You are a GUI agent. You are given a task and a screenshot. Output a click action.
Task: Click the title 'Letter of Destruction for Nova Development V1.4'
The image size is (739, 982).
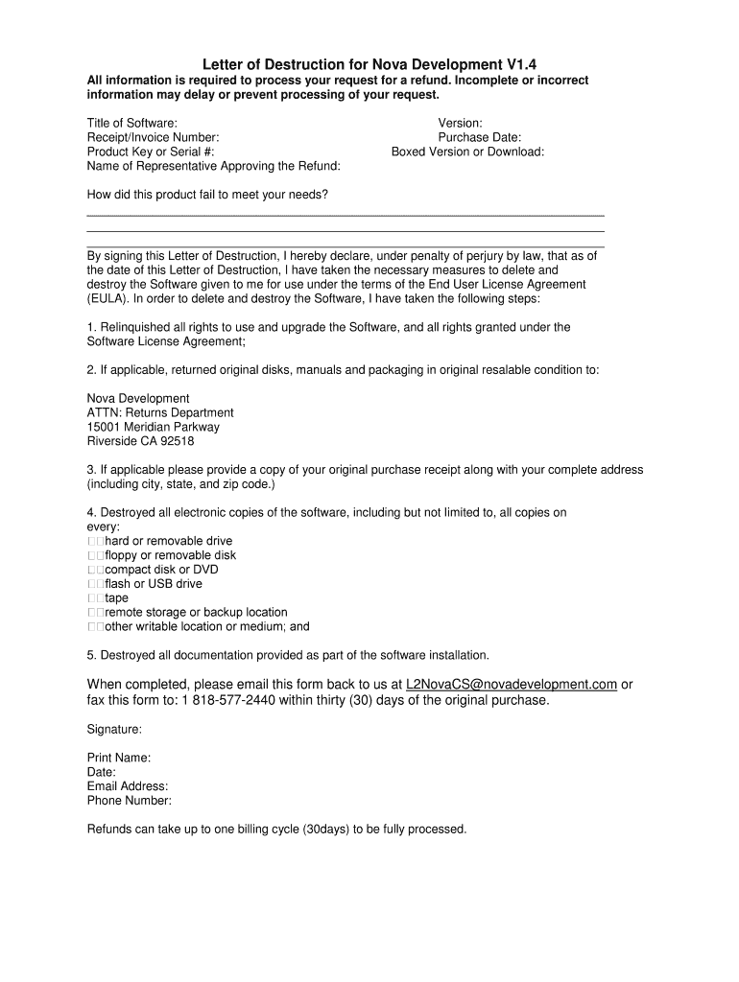point(369,63)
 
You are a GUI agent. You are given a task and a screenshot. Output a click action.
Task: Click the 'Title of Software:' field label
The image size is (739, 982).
point(132,123)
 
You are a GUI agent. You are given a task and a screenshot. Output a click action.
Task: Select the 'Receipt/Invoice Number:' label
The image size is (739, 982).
point(153,137)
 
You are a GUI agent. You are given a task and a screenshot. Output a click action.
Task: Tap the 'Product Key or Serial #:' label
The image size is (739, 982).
point(151,152)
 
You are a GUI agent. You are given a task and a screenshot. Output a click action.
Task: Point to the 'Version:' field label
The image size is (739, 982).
point(460,123)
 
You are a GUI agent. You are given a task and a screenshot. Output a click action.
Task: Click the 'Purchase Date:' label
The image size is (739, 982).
point(479,137)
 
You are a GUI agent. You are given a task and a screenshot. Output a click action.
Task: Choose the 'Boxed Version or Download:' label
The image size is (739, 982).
point(467,152)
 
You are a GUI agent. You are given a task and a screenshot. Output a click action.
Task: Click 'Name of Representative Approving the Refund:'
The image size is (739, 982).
point(213,166)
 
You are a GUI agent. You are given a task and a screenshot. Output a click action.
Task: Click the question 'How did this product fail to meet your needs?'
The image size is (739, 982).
point(207,195)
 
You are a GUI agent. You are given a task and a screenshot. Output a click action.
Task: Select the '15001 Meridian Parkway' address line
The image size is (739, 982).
point(153,427)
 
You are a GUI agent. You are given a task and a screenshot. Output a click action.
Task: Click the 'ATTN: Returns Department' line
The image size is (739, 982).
point(160,412)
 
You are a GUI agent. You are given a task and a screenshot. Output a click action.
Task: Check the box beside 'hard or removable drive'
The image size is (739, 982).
point(95,541)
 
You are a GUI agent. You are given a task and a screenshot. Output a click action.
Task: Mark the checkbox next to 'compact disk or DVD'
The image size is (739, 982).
point(95,570)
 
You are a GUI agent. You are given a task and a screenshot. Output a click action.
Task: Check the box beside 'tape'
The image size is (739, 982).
point(95,598)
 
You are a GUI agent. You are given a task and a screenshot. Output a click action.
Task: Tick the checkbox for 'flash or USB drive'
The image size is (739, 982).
point(95,584)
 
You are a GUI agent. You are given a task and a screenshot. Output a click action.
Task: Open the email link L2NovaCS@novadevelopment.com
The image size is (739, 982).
point(511,685)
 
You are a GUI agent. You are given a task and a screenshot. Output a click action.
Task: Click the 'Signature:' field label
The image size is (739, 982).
point(114,729)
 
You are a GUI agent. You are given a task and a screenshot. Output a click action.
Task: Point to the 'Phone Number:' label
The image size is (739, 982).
point(130,801)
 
